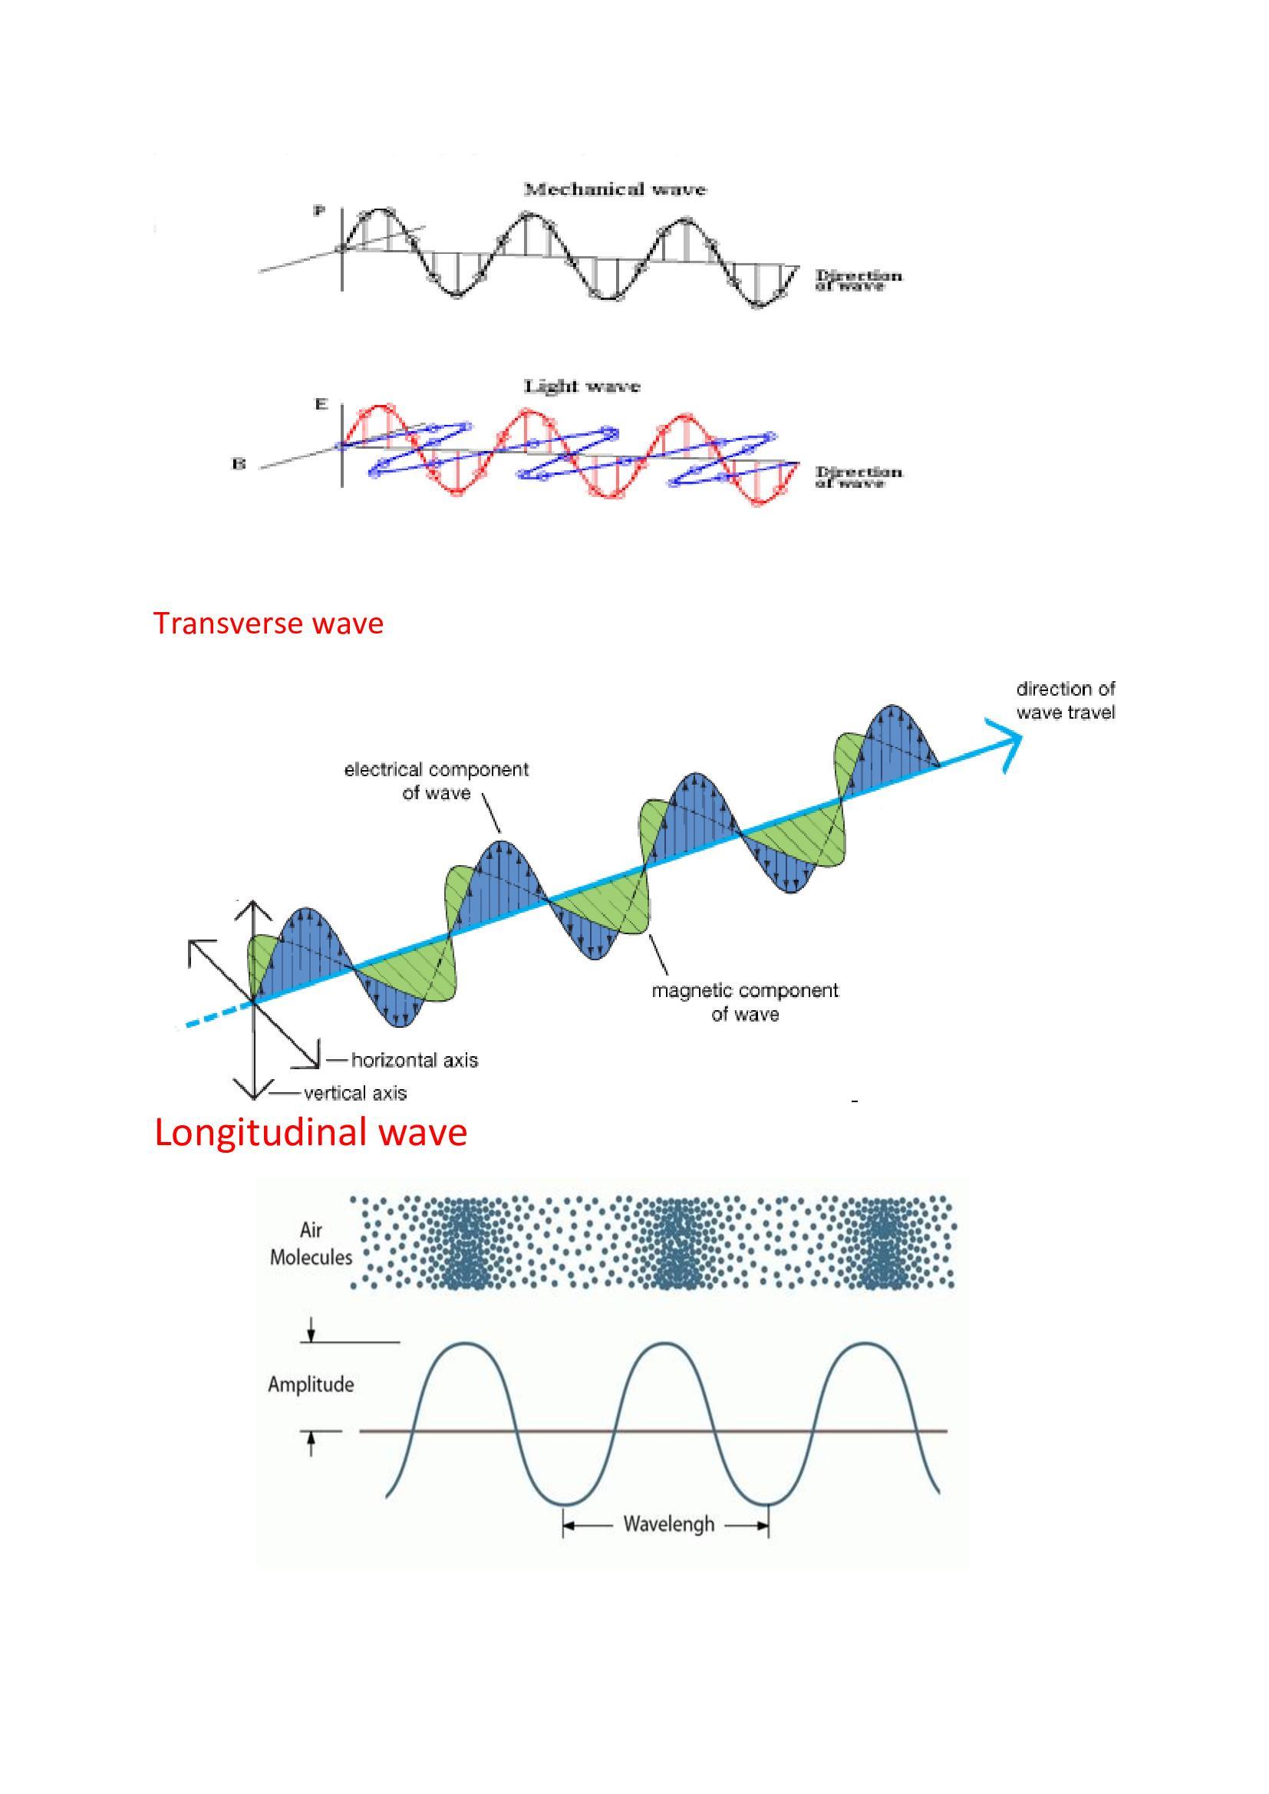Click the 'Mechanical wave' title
coord(615,189)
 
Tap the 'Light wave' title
coord(582,386)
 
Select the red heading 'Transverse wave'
coord(268,624)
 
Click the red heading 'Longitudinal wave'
coord(310,1132)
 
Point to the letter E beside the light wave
coord(321,405)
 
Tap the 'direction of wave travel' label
coord(1065,700)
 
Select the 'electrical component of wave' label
coord(436,781)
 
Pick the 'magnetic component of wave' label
coord(745,1002)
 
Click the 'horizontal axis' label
coord(414,1060)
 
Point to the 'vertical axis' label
coord(355,1093)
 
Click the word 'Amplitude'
coord(311,1385)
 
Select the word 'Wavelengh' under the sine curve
coord(669,1525)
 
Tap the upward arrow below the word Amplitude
coord(311,1443)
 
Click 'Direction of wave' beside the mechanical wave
coord(858,281)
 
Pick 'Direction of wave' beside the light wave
coord(858,477)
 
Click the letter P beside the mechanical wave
coord(318,211)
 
